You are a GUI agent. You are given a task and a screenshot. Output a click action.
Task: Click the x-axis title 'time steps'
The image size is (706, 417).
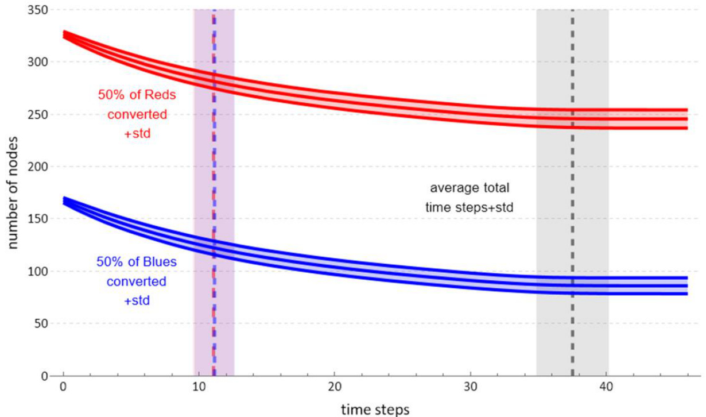(x=375, y=409)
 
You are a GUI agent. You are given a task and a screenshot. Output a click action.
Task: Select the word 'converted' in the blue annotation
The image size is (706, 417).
(x=138, y=282)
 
